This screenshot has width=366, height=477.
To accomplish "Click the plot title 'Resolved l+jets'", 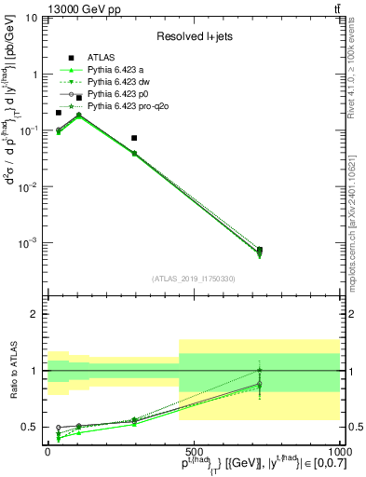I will pos(193,35).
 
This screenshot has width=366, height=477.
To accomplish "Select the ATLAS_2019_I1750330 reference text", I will pos(194,278).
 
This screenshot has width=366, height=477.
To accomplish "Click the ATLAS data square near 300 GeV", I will pos(135,138).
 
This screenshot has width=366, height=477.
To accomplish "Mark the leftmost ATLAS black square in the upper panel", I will pos(59,113).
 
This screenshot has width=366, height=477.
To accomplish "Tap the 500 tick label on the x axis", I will pos(194,450).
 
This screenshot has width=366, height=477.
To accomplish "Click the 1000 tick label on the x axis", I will pos(337,450).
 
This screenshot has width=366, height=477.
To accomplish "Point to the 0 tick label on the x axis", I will pos(47,450).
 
